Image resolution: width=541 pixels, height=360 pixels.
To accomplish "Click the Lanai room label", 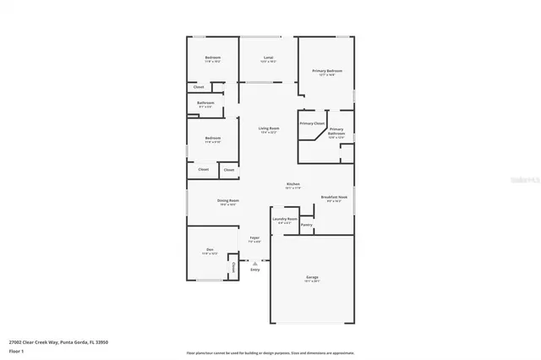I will [267, 57].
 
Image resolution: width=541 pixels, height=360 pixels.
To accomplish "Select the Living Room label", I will [269, 128].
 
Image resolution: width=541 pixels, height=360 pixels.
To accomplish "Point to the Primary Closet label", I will [312, 123].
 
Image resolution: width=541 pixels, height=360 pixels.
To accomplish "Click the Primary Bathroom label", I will [336, 132].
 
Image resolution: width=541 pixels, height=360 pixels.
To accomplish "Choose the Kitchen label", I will [293, 184].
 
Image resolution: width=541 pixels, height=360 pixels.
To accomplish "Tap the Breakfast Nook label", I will [335, 197].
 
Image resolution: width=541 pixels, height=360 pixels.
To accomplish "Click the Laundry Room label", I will [284, 219].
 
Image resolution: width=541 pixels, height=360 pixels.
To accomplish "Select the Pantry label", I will [307, 225].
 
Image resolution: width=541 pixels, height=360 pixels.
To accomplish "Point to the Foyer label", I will [254, 237].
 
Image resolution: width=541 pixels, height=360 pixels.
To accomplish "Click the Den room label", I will [209, 249].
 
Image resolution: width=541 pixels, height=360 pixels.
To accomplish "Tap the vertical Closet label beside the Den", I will [232, 269].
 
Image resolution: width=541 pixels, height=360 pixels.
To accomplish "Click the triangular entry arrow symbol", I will [254, 263].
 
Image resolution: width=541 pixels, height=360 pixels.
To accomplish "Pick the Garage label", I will [311, 276].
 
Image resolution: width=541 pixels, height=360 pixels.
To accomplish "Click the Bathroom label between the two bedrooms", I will [206, 103].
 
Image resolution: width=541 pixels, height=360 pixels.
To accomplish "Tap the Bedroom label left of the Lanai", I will [212, 57].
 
